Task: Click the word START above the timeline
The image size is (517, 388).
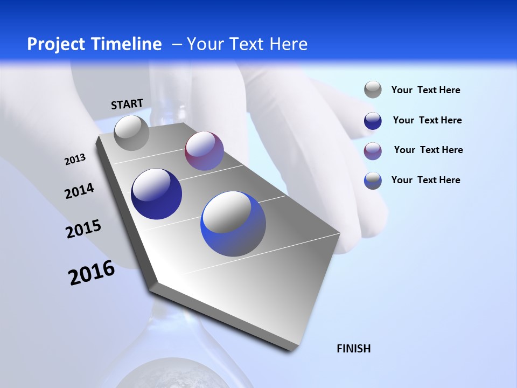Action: (127, 104)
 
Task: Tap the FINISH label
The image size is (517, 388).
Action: (354, 349)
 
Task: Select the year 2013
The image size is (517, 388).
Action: (75, 160)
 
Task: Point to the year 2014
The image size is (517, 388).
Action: (79, 191)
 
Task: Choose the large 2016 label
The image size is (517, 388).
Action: (92, 273)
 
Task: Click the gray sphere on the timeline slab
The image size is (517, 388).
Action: (131, 133)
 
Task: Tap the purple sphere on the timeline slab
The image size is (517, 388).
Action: (204, 151)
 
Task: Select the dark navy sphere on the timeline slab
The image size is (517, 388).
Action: (157, 194)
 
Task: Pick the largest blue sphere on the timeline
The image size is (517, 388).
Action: (233, 224)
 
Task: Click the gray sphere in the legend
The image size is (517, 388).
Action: (373, 89)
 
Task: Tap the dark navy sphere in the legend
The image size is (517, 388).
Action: (373, 121)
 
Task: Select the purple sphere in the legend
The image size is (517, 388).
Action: (373, 151)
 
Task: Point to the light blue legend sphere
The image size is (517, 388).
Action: (373, 181)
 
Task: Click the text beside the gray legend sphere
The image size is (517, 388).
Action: (425, 90)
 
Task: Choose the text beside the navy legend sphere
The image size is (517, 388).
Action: (427, 120)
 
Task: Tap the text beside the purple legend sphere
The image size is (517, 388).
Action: (428, 150)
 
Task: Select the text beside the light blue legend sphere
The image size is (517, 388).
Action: (425, 180)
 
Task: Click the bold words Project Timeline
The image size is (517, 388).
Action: (94, 44)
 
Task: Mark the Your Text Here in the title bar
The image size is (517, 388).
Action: (247, 44)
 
